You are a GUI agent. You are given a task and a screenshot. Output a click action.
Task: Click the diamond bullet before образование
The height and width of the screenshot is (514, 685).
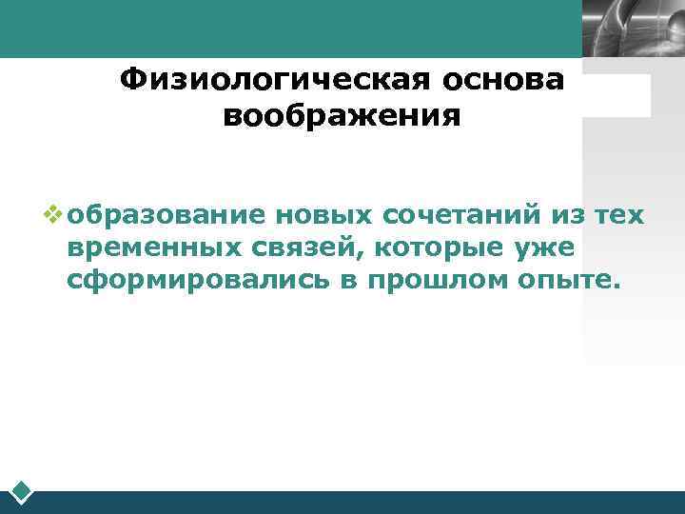click(52, 214)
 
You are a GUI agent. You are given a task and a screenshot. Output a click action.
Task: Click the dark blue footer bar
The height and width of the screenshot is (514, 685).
click(362, 502)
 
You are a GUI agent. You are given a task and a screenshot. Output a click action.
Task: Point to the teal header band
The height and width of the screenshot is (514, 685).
click(285, 29)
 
